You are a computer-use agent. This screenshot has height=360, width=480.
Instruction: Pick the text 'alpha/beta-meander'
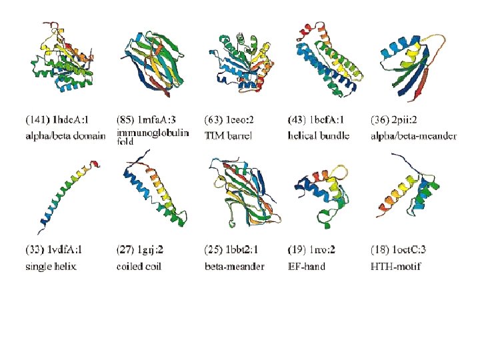(x=413, y=137)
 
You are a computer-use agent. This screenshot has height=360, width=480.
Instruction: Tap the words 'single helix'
(x=51, y=267)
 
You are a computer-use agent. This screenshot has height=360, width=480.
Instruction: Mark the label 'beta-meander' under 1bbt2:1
(x=234, y=267)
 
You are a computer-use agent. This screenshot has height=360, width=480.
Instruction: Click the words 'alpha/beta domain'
(x=65, y=137)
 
